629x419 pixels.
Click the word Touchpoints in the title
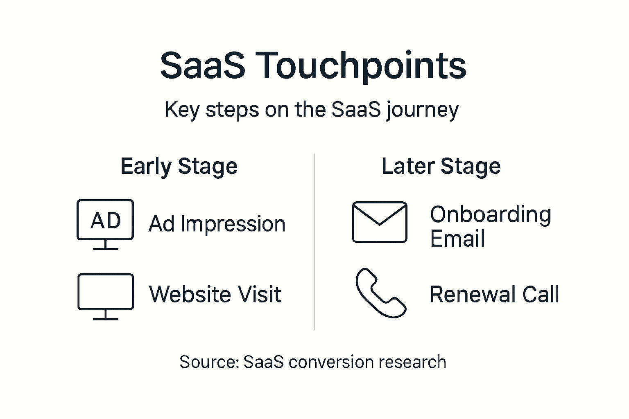[x=362, y=65]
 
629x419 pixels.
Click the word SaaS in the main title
[x=202, y=65]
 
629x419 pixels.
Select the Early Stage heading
[x=179, y=167]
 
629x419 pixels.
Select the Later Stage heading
[x=441, y=167]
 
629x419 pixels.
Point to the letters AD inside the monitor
[x=105, y=221]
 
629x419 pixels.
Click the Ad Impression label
[x=217, y=224]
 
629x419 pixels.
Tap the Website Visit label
[x=215, y=294]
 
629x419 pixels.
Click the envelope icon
[x=380, y=222]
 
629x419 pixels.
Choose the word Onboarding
[x=490, y=215]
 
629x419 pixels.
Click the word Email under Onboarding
[x=457, y=239]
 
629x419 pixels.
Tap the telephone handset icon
[x=380, y=293]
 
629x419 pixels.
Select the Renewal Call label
[x=494, y=294]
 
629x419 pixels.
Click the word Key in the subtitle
[x=182, y=110]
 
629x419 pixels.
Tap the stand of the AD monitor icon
[x=105, y=245]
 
